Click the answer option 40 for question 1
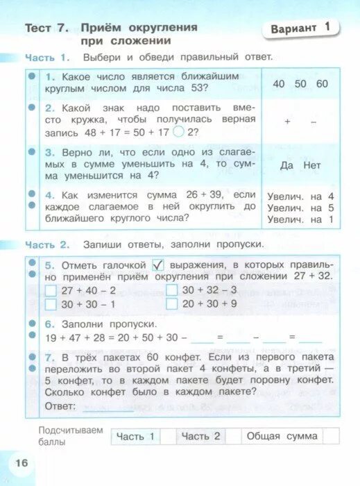[x=279, y=84]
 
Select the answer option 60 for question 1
[x=321, y=84]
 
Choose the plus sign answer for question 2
[x=287, y=121]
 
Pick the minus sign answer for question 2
[x=314, y=121]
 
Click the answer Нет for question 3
[x=313, y=165]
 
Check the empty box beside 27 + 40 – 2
[x=50, y=290]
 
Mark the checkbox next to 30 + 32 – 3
[x=171, y=290]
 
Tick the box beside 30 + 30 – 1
[x=50, y=304]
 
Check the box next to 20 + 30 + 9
[x=171, y=304]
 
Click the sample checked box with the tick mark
[x=157, y=265]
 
